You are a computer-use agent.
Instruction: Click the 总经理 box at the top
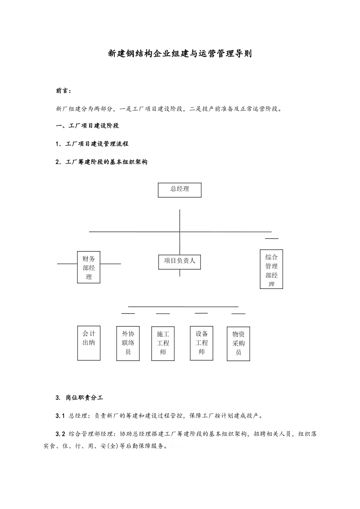click(180, 190)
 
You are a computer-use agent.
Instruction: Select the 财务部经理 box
click(89, 267)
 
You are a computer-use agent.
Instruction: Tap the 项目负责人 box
click(180, 262)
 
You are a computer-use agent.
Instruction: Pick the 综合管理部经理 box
click(271, 269)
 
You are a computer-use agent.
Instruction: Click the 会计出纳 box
click(89, 343)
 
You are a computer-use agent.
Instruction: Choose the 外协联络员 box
click(128, 343)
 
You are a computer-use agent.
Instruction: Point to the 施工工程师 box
click(163, 343)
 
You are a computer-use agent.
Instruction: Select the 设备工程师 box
click(202, 343)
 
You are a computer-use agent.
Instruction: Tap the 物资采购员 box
click(238, 343)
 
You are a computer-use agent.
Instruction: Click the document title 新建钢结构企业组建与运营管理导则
click(180, 54)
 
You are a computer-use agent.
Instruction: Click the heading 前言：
click(64, 91)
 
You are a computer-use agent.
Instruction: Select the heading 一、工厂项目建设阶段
click(88, 126)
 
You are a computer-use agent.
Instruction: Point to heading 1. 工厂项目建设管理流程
click(92, 144)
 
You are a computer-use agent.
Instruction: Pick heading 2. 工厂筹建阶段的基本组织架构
click(101, 162)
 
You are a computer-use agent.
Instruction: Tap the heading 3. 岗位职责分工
click(79, 398)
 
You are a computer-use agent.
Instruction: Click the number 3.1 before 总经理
click(60, 416)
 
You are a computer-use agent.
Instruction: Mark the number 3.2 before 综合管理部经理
click(60, 434)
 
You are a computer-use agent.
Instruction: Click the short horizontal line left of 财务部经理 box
click(67, 264)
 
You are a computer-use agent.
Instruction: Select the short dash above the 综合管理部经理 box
click(271, 239)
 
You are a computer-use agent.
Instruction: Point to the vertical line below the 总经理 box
click(180, 220)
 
